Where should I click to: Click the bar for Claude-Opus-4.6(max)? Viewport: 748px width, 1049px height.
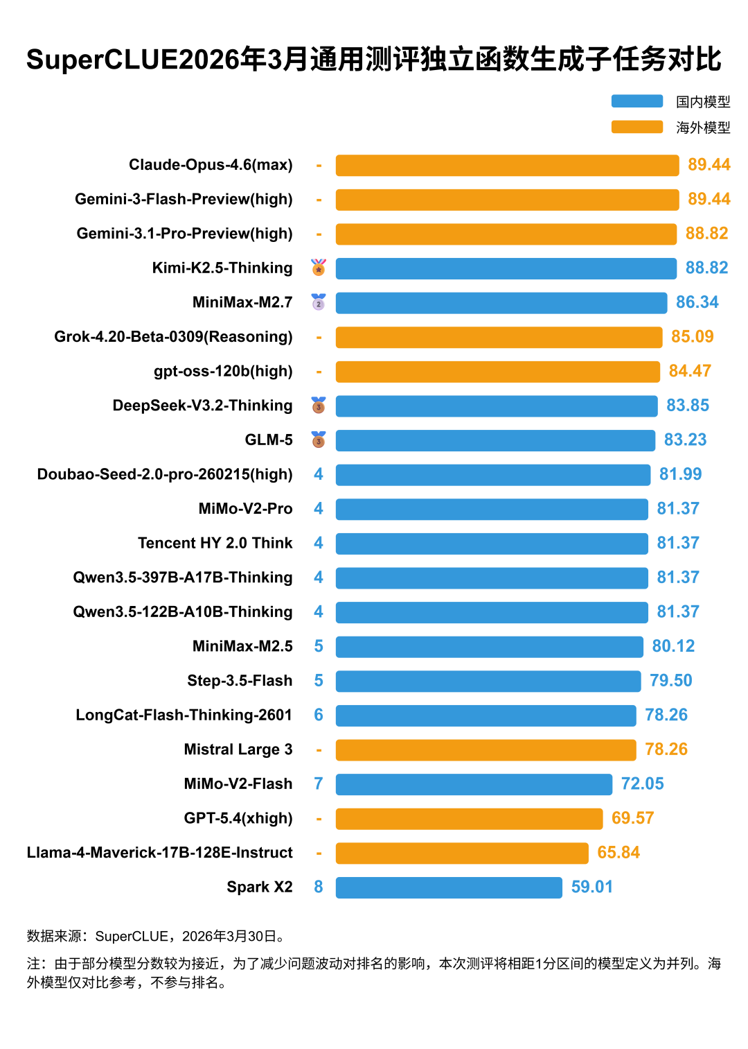pos(507,165)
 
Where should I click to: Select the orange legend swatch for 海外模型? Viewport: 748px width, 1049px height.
pos(636,127)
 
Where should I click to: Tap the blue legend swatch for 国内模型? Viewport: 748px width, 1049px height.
pos(636,101)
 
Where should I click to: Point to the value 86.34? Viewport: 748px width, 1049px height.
pos(697,302)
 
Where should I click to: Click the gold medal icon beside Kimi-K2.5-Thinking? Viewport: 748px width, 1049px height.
pos(319,268)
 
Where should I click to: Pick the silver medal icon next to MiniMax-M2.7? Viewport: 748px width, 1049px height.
pos(319,302)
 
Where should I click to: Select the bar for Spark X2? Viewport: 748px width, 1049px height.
pos(449,887)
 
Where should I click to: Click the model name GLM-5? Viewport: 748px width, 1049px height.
pos(269,440)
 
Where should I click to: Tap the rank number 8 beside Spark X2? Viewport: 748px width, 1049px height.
pos(319,887)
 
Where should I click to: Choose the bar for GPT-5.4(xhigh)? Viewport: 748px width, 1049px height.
pos(469,819)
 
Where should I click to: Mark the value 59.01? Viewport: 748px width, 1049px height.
pos(592,887)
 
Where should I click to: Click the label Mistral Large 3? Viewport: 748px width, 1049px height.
pos(238,749)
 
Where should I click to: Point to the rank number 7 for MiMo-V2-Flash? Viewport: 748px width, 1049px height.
pos(319,784)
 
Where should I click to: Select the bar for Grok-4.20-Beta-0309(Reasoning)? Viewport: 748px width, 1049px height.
pos(499,337)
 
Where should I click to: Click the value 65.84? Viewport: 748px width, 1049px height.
pos(618,853)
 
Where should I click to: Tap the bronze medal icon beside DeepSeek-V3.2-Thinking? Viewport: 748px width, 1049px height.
pos(319,406)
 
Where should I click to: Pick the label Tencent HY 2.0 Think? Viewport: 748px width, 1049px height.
pos(215,544)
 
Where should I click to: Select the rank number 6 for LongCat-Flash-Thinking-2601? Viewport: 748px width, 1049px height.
pos(319,716)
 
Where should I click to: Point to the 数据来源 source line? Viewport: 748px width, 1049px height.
pos(156,937)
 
